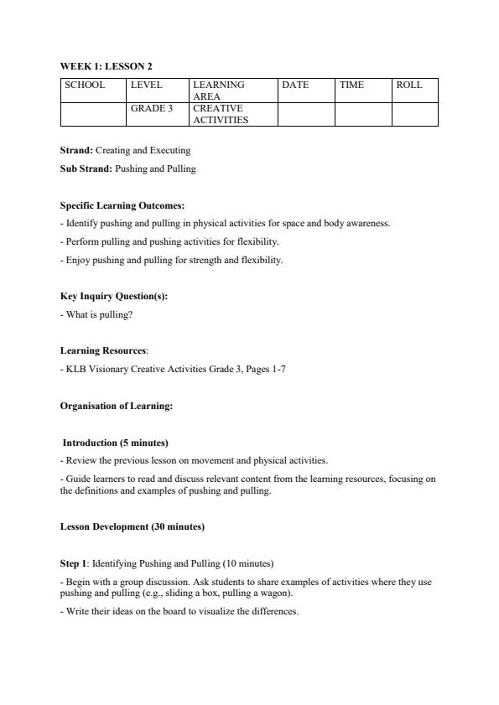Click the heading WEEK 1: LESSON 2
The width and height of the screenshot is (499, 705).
(106, 65)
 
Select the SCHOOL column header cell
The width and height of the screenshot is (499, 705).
(85, 85)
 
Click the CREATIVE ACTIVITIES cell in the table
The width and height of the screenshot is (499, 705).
(218, 114)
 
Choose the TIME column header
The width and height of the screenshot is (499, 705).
(351, 85)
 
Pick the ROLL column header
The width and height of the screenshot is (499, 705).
(409, 85)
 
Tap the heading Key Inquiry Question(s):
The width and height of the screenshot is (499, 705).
(114, 296)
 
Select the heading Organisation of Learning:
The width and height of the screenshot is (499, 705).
(117, 406)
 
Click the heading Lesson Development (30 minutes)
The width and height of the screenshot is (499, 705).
(133, 526)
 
